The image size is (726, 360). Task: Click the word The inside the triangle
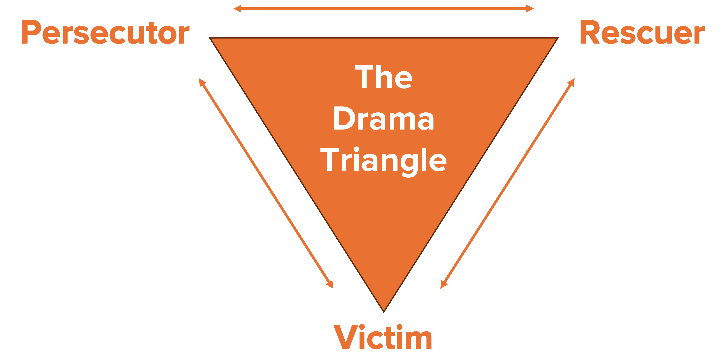click(x=384, y=77)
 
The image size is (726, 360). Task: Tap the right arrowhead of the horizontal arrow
click(x=530, y=9)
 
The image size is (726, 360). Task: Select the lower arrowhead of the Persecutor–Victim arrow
click(x=330, y=285)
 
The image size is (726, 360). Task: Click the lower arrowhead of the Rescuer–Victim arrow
click(x=443, y=285)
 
